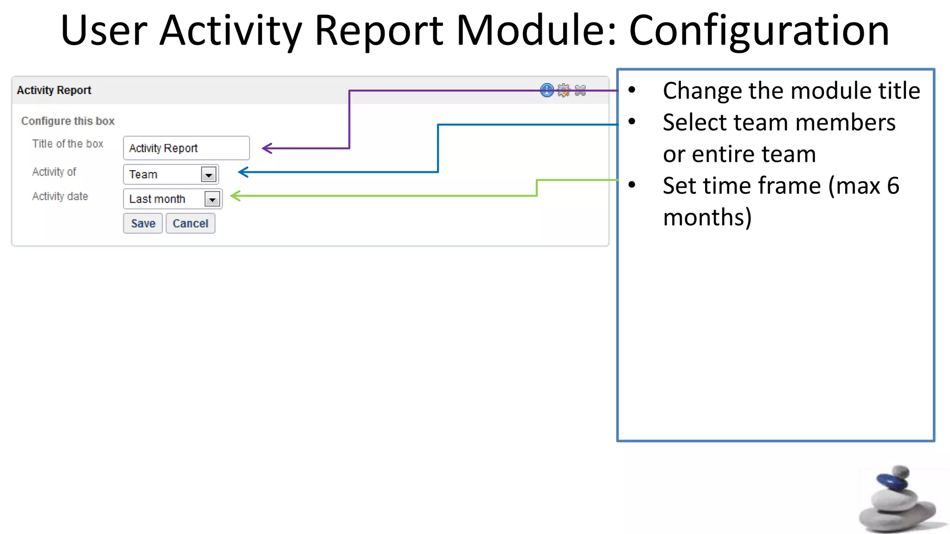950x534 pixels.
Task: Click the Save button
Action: [x=143, y=223]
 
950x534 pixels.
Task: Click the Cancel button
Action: [x=190, y=223]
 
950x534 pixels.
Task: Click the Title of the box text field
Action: [x=186, y=148]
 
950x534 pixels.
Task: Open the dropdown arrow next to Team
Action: [x=209, y=175]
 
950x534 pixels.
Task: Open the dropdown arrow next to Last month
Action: [x=212, y=199]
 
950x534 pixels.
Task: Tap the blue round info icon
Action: [x=547, y=90]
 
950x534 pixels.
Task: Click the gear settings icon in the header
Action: [x=564, y=90]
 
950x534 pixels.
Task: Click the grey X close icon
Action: [x=580, y=90]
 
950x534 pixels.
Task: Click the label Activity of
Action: [x=54, y=172]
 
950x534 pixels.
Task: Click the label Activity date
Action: [x=60, y=197]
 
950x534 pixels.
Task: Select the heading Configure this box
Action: [x=68, y=121]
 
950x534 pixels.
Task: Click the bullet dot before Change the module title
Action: [x=632, y=90]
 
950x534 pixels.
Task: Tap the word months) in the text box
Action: [x=707, y=217]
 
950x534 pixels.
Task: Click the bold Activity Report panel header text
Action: [x=54, y=90]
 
